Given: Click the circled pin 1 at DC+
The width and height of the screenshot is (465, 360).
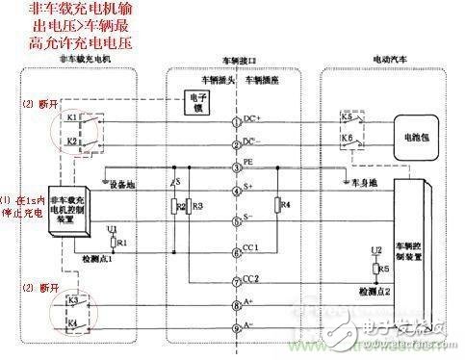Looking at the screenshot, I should (235, 123).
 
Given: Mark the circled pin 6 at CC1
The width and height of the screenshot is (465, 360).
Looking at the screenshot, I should (235, 253).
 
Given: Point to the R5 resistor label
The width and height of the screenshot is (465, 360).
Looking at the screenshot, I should (382, 270).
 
